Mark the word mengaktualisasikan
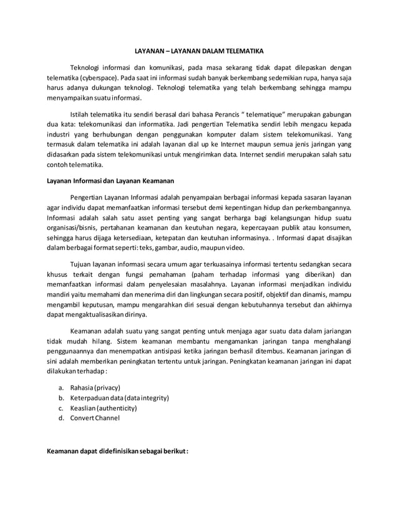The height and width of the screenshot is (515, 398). point(96,314)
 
